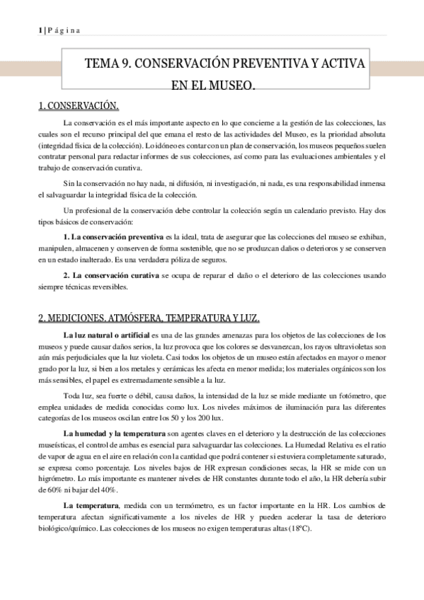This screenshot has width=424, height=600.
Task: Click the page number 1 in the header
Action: point(39,29)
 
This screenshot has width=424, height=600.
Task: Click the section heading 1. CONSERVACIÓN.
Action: point(78,107)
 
